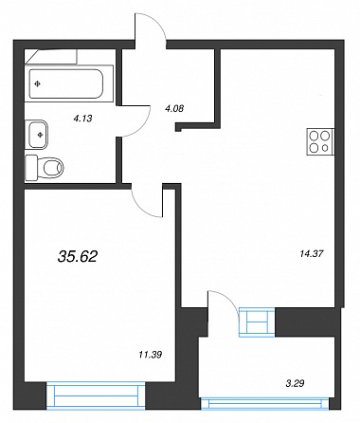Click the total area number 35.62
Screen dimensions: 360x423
pyautogui.click(x=78, y=256)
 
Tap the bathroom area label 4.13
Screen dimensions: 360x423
pyautogui.click(x=82, y=119)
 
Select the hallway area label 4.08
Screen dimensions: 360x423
pyautogui.click(x=174, y=109)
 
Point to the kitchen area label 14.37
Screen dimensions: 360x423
pyautogui.click(x=312, y=253)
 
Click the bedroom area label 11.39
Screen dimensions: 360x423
pyautogui.click(x=151, y=355)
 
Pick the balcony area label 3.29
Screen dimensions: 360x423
pyautogui.click(x=295, y=383)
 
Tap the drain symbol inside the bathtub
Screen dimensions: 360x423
pyautogui.click(x=38, y=83)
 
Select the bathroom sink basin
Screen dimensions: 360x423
pyautogui.click(x=38, y=135)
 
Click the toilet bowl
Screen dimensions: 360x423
pyautogui.click(x=51, y=168)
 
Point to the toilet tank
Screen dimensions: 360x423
pyautogui.click(x=31, y=168)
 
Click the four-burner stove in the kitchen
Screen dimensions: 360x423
pyautogui.click(x=320, y=142)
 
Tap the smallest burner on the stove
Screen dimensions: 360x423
pyautogui.click(x=325, y=147)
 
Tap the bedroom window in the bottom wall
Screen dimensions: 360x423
pyautogui.click(x=96, y=395)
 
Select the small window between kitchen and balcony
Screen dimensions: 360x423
pyautogui.click(x=257, y=322)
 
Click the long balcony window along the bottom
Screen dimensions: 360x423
pyautogui.click(x=264, y=404)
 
